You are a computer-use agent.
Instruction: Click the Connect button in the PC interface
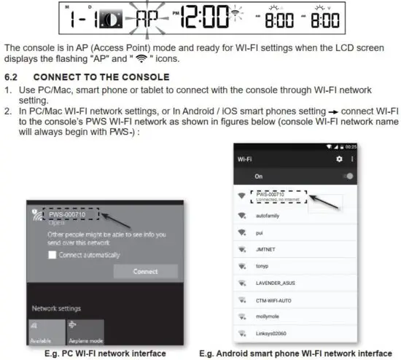(145, 271)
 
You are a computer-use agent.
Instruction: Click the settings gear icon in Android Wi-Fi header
(338, 159)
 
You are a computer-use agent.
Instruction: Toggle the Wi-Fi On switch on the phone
(349, 176)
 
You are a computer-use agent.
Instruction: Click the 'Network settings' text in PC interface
(56, 308)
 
